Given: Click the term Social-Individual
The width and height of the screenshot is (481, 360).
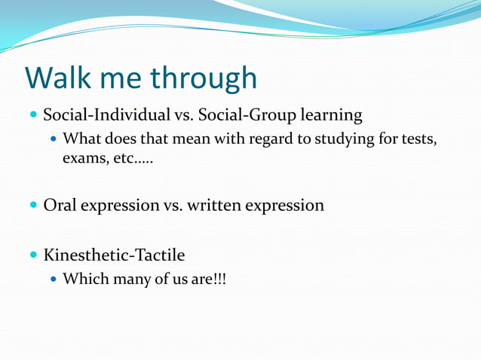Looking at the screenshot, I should pyautogui.click(x=106, y=116).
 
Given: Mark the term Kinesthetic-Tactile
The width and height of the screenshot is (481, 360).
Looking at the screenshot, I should pyautogui.click(x=114, y=255).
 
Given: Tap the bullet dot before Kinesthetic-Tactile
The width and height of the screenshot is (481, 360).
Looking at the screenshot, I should pyautogui.click(x=33, y=255).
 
